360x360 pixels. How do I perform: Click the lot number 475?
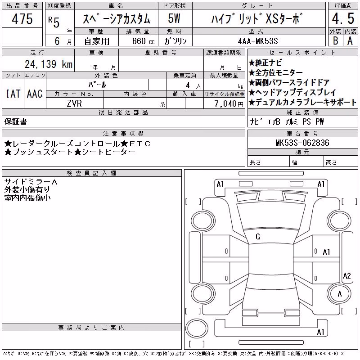point(22,18)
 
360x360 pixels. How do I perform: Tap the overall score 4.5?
point(343,18)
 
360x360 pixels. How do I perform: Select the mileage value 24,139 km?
point(49,64)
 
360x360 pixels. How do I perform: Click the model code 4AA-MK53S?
point(258,41)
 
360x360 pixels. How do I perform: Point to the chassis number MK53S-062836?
point(302,143)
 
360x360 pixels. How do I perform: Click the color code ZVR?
point(74,103)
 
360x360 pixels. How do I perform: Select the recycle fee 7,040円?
point(229,103)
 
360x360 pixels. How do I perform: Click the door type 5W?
point(174,18)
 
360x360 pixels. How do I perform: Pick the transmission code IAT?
point(13,94)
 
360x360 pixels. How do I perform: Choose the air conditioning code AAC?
point(35,94)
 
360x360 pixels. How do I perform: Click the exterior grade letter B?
point(335,40)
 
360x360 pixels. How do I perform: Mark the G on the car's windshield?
point(258,237)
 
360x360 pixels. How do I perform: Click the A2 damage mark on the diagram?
point(347,275)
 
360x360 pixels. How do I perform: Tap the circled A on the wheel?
point(340,294)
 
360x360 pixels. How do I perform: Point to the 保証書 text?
point(16,121)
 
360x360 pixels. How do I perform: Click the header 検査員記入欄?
point(91,173)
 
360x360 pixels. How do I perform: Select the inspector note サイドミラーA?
point(31,182)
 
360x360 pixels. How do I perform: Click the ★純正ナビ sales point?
point(265,63)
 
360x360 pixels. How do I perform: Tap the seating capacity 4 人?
point(193,85)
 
